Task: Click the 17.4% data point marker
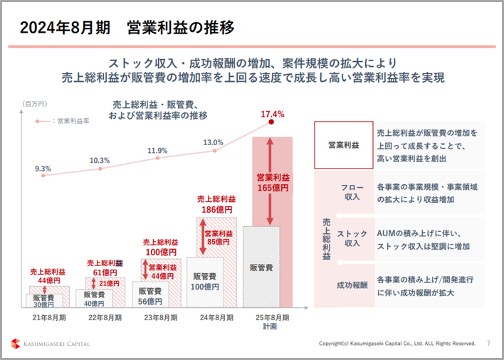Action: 271,122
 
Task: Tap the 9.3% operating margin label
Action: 43,169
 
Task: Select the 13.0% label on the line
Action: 213,142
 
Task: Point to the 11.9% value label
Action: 157,151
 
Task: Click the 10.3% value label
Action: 100,160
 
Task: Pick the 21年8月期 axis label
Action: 49,317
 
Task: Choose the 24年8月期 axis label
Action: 216,317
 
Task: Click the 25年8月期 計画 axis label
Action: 272,322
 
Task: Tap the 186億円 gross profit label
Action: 217,210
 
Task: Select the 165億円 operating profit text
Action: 273,188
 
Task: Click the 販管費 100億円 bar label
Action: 205,281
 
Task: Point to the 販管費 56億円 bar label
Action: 150,296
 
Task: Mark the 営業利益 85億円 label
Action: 219,238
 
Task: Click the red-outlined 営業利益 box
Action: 344,145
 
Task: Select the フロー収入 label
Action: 352,192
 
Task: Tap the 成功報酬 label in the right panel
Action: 352,285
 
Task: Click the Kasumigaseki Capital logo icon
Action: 16,344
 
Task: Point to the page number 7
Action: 488,344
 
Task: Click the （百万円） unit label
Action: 35,104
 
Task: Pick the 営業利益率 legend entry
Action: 63,121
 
